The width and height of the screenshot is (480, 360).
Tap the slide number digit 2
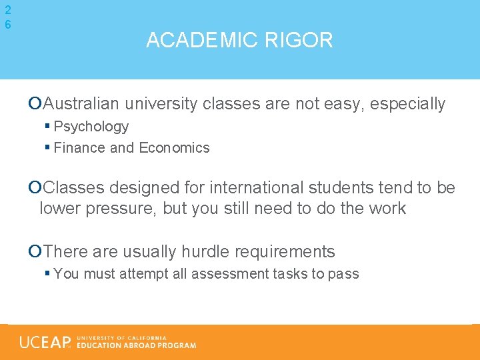coord(7,10)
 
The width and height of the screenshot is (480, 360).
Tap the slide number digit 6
coord(7,24)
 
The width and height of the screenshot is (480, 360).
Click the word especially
coord(407,104)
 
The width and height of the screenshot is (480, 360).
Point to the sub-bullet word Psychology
coord(91,127)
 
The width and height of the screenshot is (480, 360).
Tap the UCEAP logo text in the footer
coord(45,342)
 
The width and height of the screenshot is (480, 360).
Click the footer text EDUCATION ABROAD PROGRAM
coord(137,345)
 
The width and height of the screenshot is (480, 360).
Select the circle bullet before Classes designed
coord(35,188)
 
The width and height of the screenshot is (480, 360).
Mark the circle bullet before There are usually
coord(35,252)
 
